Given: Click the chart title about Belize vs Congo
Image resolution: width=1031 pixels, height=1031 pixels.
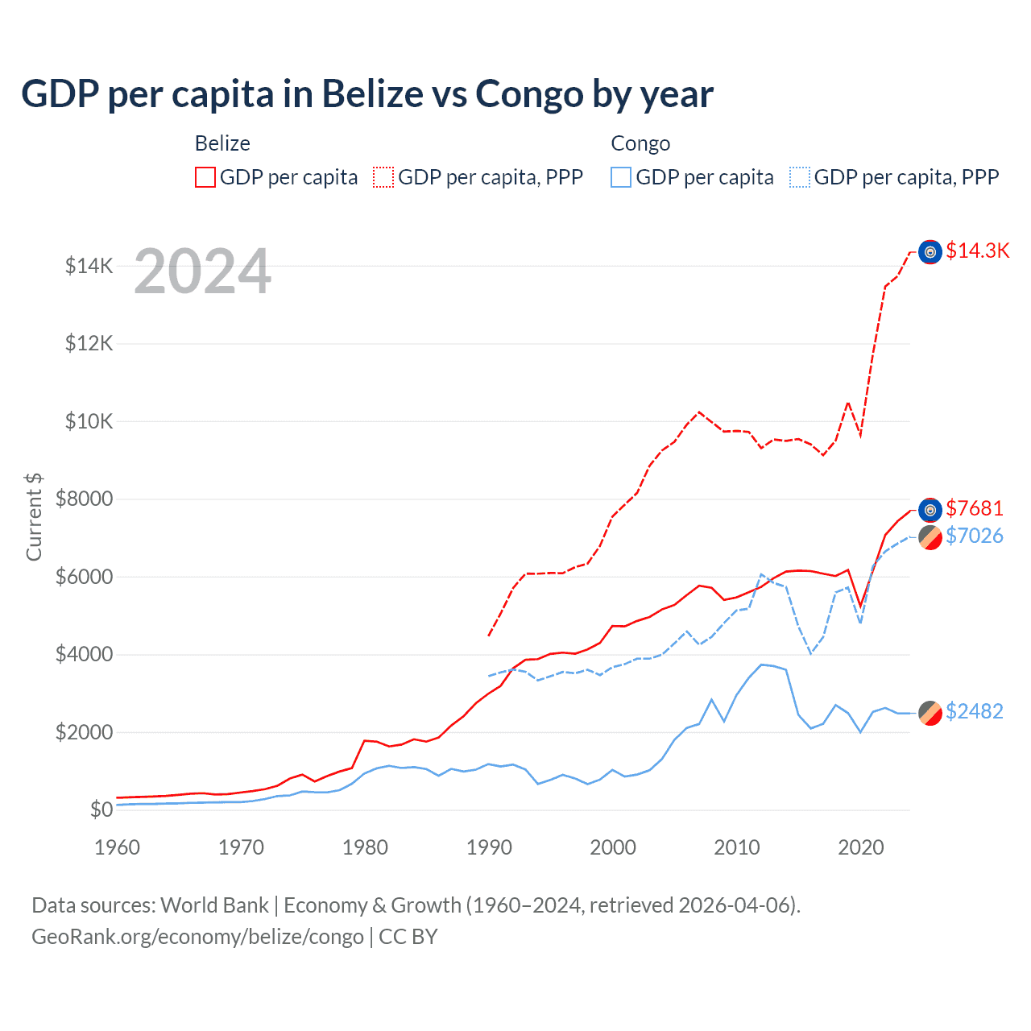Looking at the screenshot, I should coord(367,94).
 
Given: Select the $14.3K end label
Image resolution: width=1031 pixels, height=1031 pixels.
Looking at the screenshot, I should coord(977,251).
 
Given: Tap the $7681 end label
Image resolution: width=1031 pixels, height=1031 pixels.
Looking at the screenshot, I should coord(975,508).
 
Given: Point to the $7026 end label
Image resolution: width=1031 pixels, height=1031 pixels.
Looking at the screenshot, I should coord(975,536).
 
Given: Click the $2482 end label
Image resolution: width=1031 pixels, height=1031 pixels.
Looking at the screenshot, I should coord(975,711).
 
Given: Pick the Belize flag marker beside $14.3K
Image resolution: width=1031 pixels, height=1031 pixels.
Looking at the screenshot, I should coord(930,252).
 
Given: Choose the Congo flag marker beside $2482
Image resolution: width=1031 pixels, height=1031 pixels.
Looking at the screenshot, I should coord(930,713).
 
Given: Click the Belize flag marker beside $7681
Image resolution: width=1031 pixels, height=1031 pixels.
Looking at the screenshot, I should coord(930,510).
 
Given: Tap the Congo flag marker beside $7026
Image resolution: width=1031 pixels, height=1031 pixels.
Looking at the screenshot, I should coord(930,537).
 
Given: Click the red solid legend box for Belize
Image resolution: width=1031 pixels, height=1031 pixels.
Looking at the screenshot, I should coord(205,177).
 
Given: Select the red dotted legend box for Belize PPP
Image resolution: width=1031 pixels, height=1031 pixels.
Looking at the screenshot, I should coord(383,177).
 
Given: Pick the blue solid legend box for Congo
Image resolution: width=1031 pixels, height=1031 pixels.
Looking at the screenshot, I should coord(621,177).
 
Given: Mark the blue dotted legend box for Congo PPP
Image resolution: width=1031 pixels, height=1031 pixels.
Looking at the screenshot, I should coord(800,177).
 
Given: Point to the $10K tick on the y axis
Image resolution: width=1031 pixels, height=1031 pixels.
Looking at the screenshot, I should coord(89,421).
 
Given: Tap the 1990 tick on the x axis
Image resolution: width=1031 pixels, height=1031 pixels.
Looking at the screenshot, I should coord(489,847).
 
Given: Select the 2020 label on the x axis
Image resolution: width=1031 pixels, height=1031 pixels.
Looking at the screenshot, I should coord(861,847).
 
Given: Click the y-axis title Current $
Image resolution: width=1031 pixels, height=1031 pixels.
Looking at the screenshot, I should coord(34,516).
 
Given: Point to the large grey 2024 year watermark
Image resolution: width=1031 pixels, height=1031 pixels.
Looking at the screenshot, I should coord(202,272).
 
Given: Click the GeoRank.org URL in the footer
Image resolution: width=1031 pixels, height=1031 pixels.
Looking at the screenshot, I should coord(197,937).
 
